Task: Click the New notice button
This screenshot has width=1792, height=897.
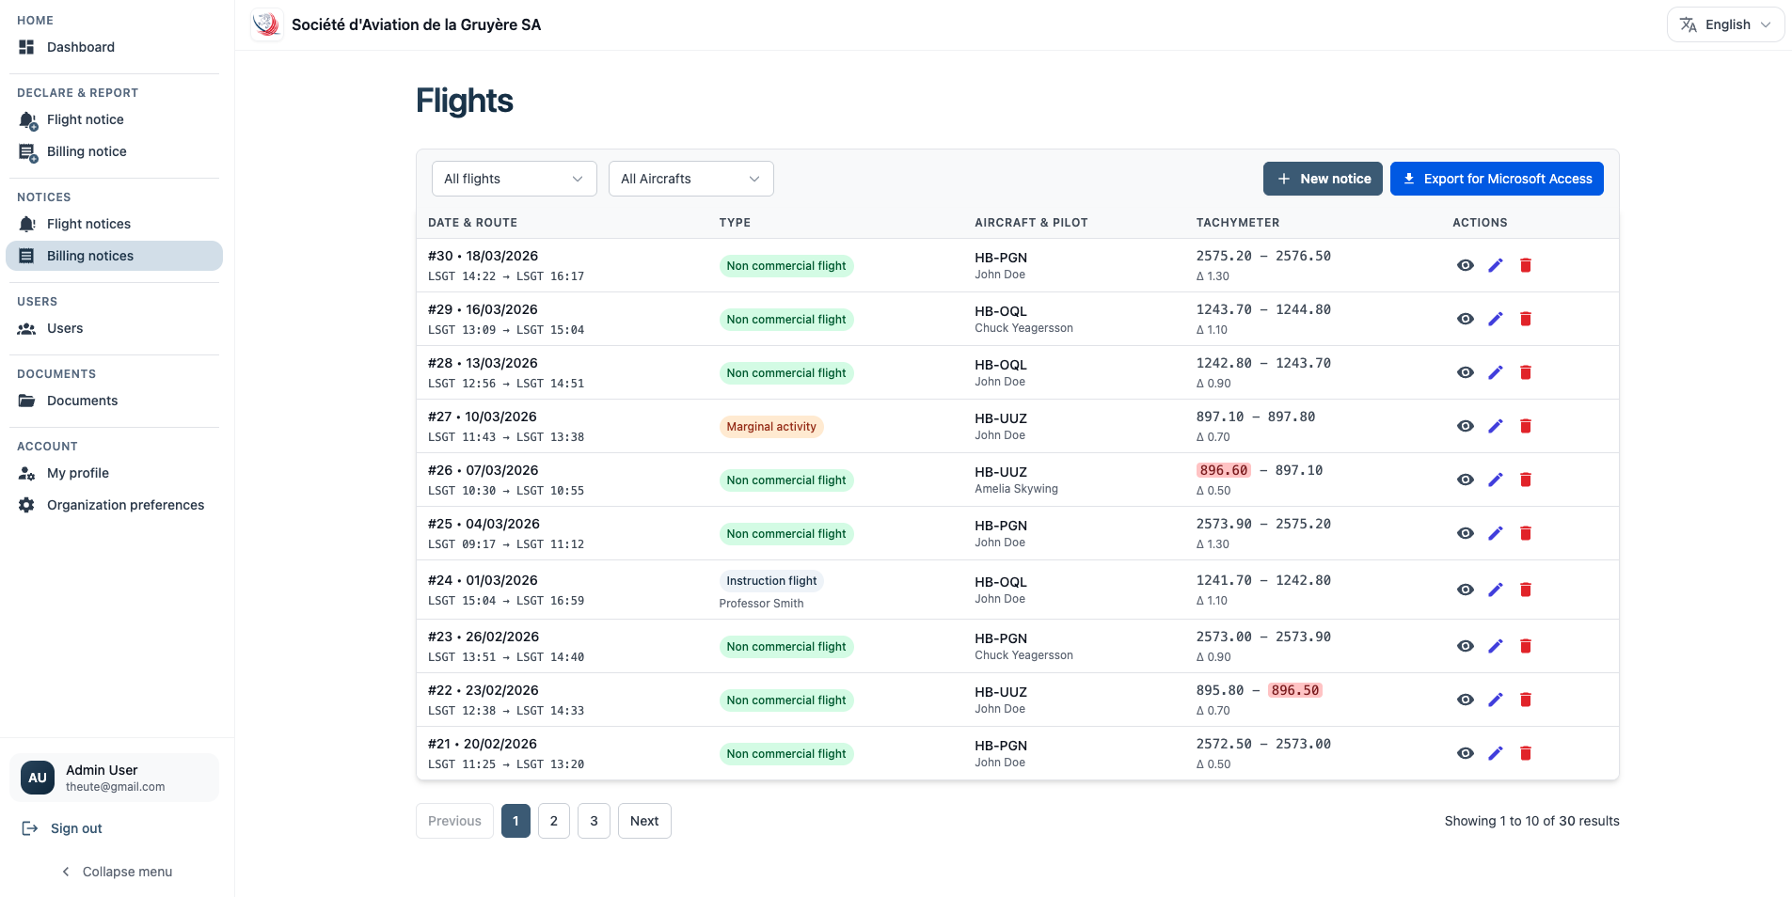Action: [1323, 179]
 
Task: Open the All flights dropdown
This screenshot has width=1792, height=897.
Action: [514, 179]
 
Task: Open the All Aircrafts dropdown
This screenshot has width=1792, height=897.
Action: [690, 179]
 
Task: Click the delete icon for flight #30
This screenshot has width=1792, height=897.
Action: [1526, 265]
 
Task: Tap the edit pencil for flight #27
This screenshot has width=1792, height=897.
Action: [1496, 426]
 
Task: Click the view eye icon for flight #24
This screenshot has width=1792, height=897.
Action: [1466, 590]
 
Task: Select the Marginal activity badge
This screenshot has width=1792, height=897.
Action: [771, 427]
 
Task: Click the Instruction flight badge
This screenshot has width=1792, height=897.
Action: [771, 581]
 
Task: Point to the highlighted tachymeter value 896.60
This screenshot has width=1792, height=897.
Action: [1224, 470]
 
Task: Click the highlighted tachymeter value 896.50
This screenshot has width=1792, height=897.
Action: [1295, 690]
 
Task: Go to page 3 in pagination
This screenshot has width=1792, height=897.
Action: [594, 821]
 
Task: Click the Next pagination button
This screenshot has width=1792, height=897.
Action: [644, 821]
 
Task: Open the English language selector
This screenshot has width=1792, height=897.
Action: [1726, 24]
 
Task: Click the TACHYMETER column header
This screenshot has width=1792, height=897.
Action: [1238, 223]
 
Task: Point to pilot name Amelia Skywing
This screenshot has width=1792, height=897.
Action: [1016, 489]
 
